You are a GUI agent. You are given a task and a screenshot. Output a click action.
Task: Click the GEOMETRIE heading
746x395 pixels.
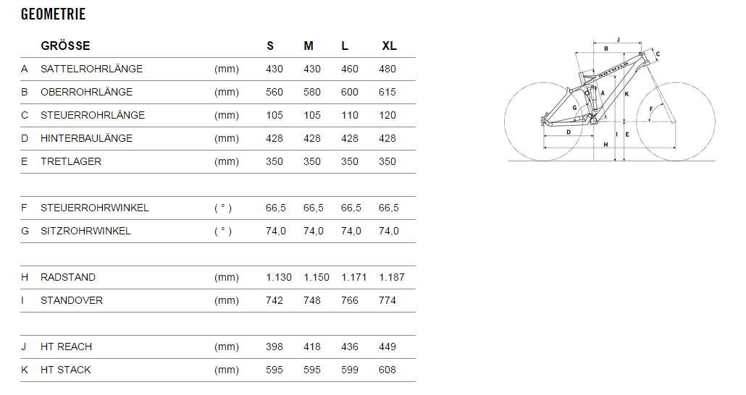(x=54, y=14)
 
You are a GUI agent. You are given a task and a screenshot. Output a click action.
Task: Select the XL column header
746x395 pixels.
(x=389, y=46)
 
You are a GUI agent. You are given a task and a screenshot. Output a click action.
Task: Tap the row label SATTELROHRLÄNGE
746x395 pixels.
(x=91, y=69)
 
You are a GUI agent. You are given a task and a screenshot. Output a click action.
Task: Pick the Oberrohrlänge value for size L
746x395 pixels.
(x=350, y=92)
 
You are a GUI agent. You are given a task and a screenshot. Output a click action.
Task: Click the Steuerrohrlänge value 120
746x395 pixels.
(x=387, y=116)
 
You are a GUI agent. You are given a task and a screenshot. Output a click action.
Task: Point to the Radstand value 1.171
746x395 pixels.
(x=354, y=278)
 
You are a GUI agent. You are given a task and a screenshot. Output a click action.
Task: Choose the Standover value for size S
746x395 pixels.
(x=274, y=301)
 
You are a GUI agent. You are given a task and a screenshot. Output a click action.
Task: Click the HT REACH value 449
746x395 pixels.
(x=387, y=347)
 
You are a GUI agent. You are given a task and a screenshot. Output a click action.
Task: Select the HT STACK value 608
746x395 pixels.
(x=387, y=370)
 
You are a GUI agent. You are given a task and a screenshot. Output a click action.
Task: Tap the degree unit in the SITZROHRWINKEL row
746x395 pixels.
(x=223, y=232)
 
